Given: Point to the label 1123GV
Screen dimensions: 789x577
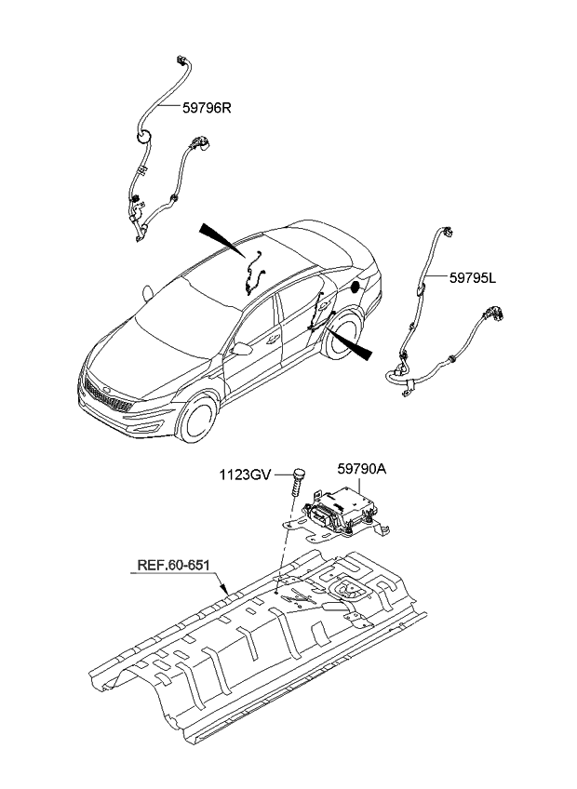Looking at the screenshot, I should (245, 475).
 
